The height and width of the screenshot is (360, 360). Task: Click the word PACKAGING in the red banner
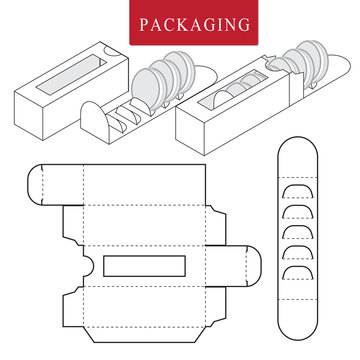pos(180,23)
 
